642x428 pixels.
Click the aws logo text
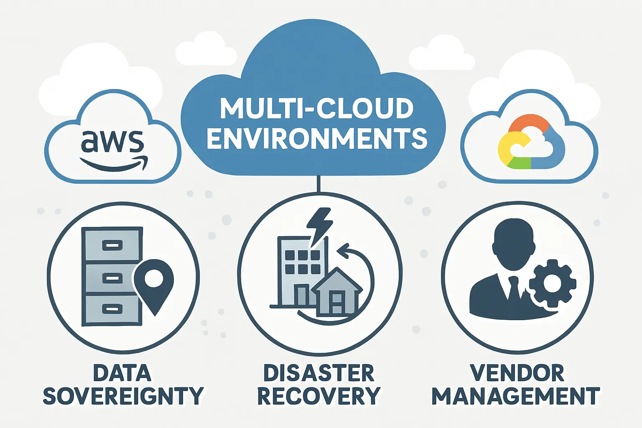pyautogui.click(x=112, y=142)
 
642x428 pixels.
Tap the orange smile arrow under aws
pyautogui.click(x=114, y=166)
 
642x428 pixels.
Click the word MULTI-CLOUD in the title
pyautogui.click(x=316, y=109)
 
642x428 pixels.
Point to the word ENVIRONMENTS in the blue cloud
pyautogui.click(x=317, y=138)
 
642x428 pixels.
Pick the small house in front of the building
pyautogui.click(x=336, y=292)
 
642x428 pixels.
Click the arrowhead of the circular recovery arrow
pyautogui.click(x=342, y=252)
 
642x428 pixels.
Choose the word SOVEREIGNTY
pyautogui.click(x=123, y=396)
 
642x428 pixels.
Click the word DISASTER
pyautogui.click(x=318, y=373)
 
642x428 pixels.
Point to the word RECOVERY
pyautogui.click(x=318, y=396)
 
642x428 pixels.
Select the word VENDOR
pyautogui.click(x=517, y=373)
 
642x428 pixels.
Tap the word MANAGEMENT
pyautogui.click(x=516, y=396)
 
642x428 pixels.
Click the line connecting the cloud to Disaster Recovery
pyautogui.click(x=319, y=183)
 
